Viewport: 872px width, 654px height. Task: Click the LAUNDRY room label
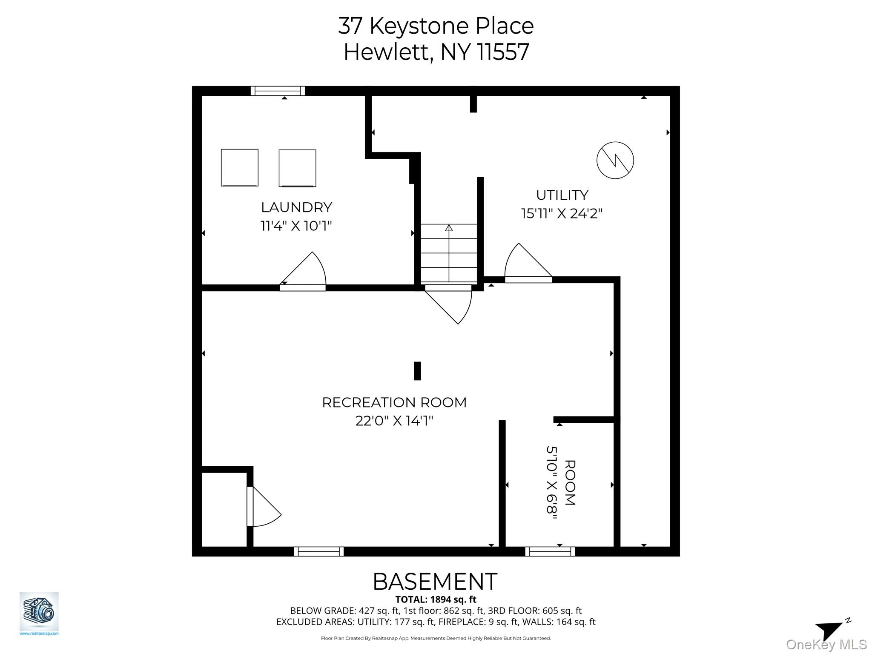(x=296, y=207)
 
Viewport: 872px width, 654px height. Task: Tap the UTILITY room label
(x=562, y=195)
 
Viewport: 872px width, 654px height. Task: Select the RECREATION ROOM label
(x=394, y=402)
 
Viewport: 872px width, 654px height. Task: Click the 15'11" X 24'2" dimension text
(x=562, y=213)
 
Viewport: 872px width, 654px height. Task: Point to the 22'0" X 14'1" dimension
(x=394, y=421)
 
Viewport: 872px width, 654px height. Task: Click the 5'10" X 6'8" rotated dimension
(x=552, y=483)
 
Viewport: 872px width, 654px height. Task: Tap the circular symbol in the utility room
(x=615, y=160)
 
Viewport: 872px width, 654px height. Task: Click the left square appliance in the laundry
(x=239, y=167)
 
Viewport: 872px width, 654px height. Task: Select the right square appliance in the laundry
(x=297, y=168)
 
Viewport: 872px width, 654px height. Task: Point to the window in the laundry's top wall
(x=278, y=91)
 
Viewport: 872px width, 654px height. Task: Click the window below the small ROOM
(x=550, y=551)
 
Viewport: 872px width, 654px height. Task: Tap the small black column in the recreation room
(x=417, y=371)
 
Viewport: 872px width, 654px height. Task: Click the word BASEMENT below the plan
(x=435, y=582)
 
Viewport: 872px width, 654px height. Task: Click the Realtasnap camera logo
(x=39, y=611)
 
